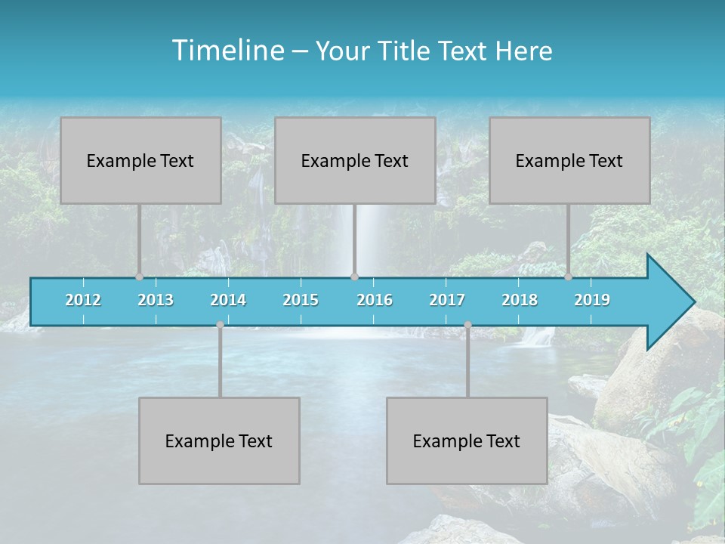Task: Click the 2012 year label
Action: click(x=83, y=300)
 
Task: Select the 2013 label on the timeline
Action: click(x=156, y=300)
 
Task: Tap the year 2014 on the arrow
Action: click(x=228, y=300)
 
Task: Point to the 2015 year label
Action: click(x=301, y=300)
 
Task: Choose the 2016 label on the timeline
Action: click(x=375, y=300)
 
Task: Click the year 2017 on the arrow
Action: click(x=447, y=300)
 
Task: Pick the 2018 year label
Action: click(x=520, y=300)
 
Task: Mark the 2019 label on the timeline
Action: click(x=592, y=300)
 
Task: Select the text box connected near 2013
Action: click(x=140, y=160)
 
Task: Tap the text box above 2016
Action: click(x=355, y=160)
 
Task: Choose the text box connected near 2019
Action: click(x=569, y=160)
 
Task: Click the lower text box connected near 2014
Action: click(x=219, y=440)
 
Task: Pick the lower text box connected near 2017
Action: click(x=467, y=440)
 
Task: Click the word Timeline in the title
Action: click(x=227, y=51)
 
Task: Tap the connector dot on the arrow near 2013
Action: click(x=139, y=277)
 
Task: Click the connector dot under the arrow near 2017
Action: click(x=467, y=325)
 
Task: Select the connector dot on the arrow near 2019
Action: click(x=568, y=277)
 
